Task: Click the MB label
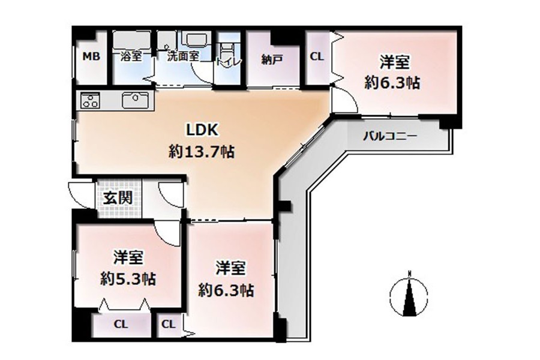pyautogui.click(x=91, y=56)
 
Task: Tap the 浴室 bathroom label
pyautogui.click(x=131, y=56)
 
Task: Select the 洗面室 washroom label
pyautogui.click(x=183, y=56)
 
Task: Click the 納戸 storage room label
pyautogui.click(x=272, y=59)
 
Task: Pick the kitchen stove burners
pyautogui.click(x=90, y=100)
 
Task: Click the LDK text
pyautogui.click(x=202, y=130)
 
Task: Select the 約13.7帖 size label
pyautogui.click(x=202, y=152)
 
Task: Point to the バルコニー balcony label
pyautogui.click(x=390, y=136)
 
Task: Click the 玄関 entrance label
pyautogui.click(x=118, y=198)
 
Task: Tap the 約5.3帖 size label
pyautogui.click(x=128, y=278)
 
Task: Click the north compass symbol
pyautogui.click(x=409, y=295)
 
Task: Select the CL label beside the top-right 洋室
pyautogui.click(x=317, y=56)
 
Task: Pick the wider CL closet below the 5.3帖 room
pyautogui.click(x=121, y=324)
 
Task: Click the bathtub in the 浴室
pyautogui.click(x=131, y=41)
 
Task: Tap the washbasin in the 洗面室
pyautogui.click(x=195, y=39)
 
